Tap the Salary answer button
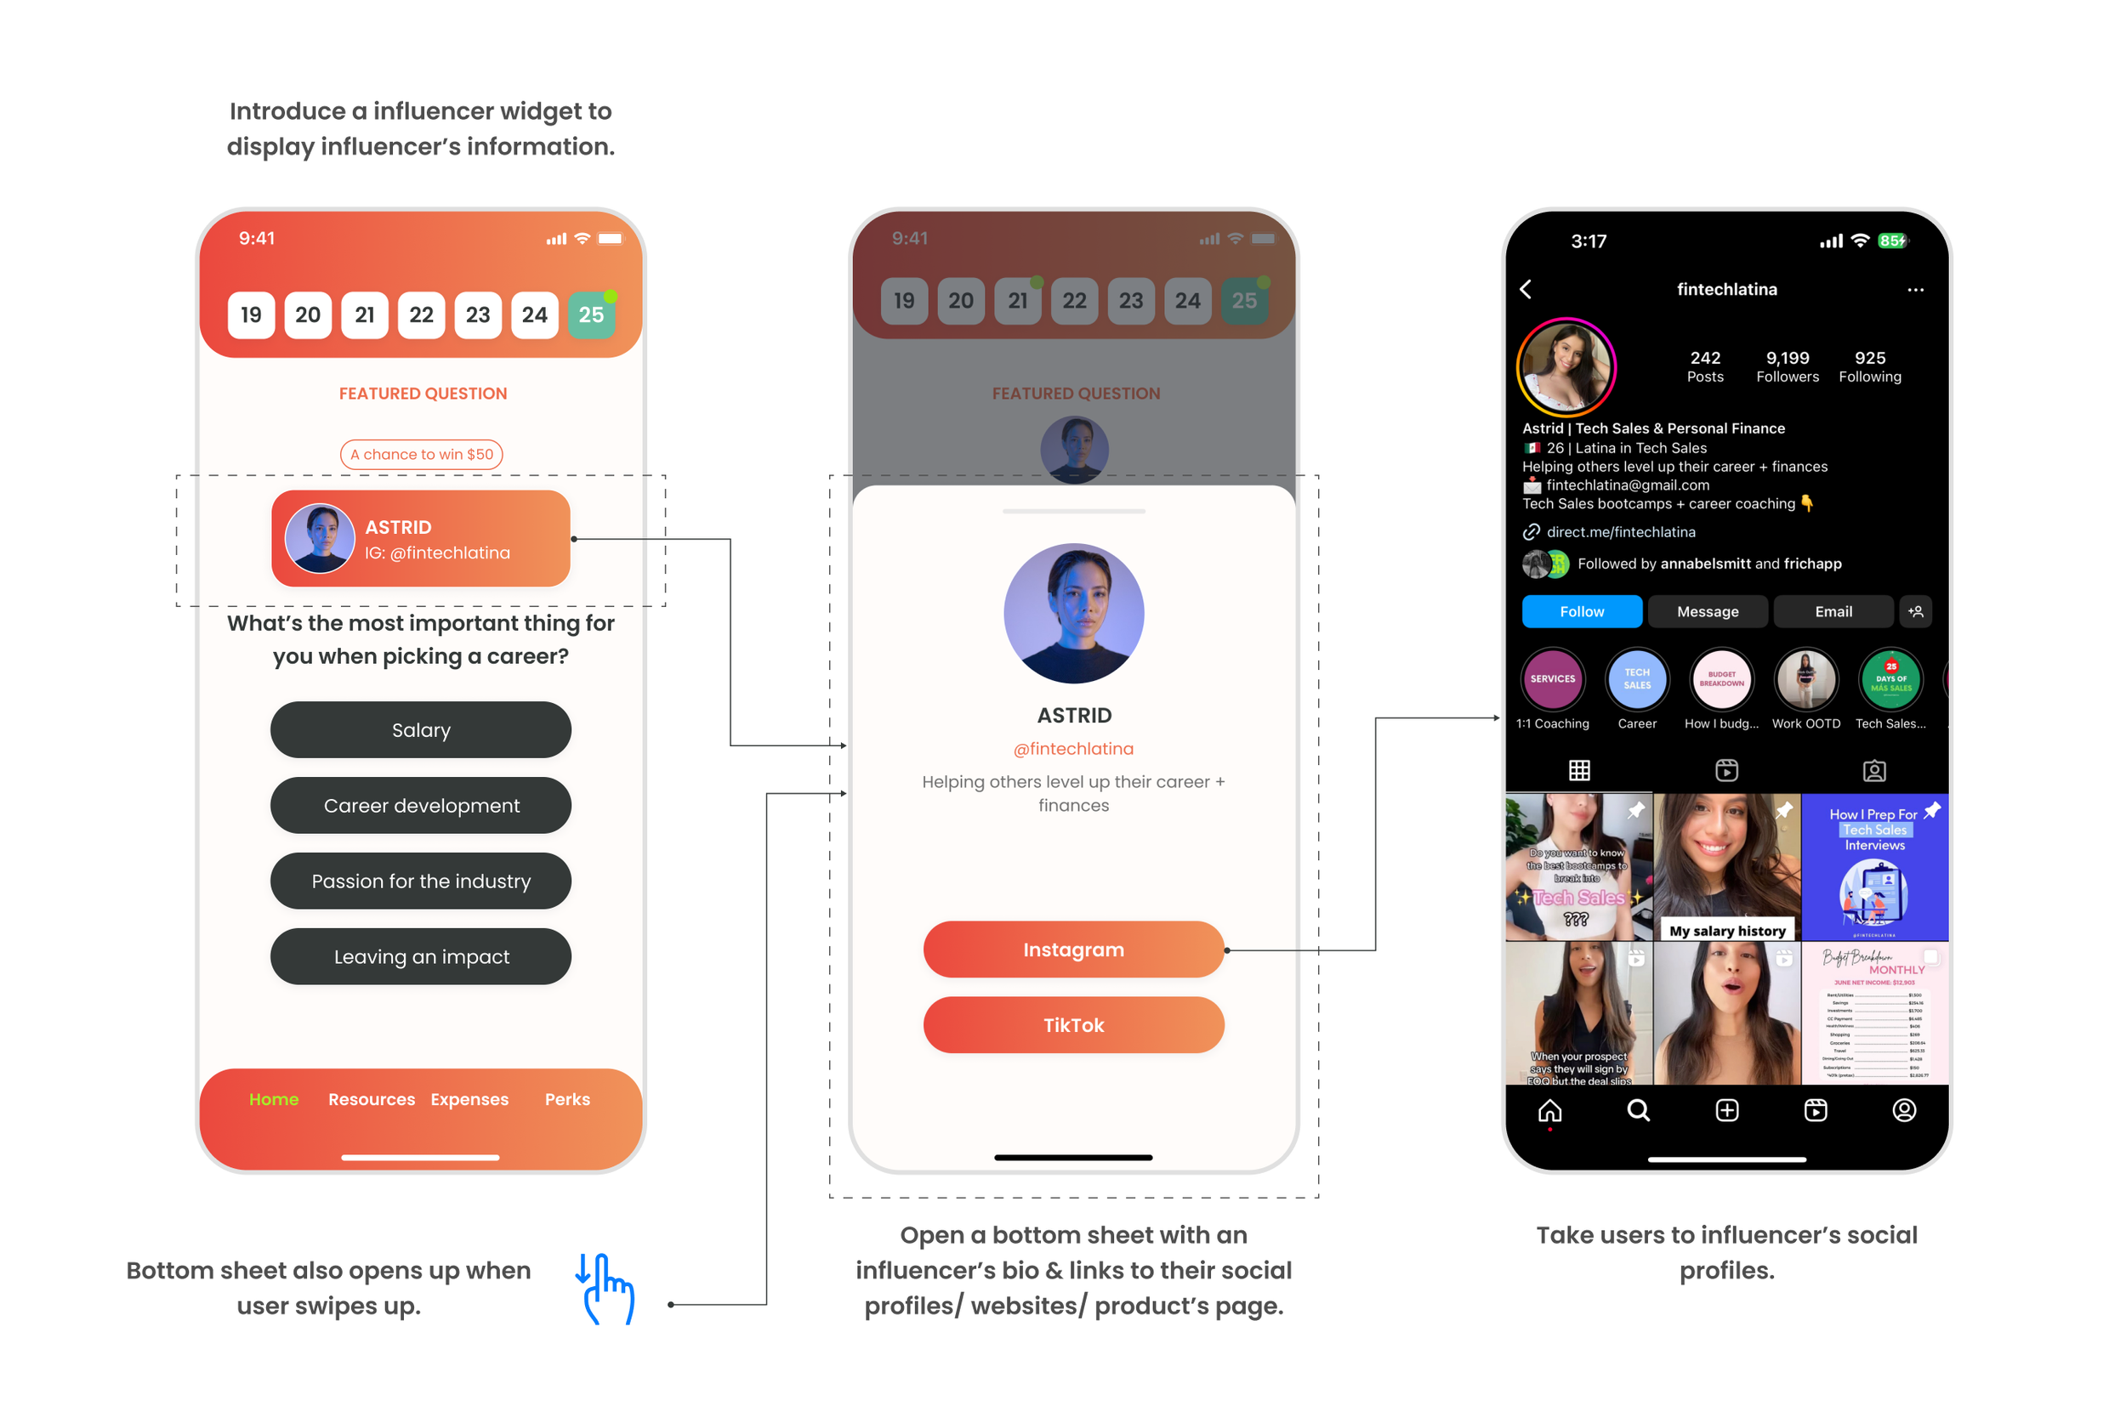point(420,730)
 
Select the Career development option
point(420,805)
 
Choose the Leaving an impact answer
point(420,956)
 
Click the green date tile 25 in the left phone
point(591,315)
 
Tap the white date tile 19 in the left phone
point(251,315)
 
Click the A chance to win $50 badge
point(421,454)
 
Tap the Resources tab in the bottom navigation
point(372,1099)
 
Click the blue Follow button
point(1581,612)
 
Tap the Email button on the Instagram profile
point(1833,612)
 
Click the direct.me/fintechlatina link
point(1620,532)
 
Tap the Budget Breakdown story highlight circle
point(1721,679)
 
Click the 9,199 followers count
point(1787,366)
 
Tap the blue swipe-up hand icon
point(605,1289)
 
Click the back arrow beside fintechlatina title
point(1526,289)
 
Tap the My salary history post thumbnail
point(1726,868)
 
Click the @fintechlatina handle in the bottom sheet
point(1073,748)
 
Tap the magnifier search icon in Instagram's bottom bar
point(1638,1110)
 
